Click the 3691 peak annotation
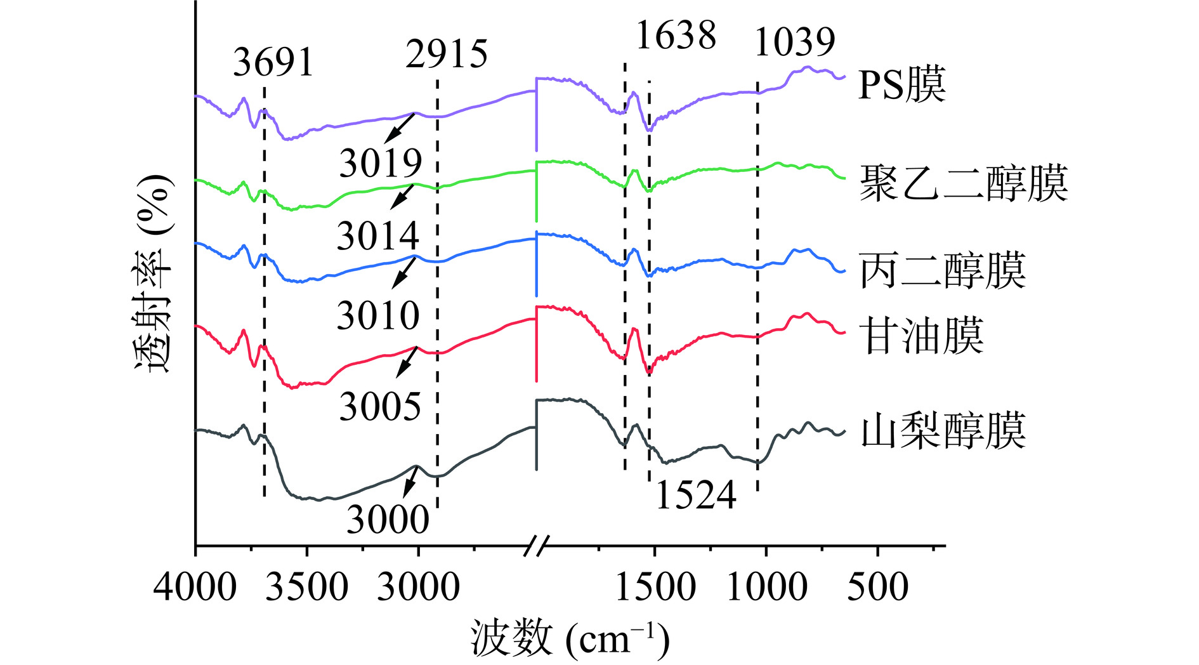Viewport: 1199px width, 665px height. (273, 62)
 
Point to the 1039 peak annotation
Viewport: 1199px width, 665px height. (794, 42)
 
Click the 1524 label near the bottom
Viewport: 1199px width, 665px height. (695, 495)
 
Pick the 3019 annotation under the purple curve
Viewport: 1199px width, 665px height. (381, 163)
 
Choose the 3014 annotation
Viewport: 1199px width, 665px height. (378, 236)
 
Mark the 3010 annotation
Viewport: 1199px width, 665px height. (378, 315)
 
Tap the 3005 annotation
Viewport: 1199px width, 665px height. (380, 406)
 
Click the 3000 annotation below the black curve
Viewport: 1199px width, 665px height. (388, 520)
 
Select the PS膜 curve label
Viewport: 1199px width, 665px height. (901, 84)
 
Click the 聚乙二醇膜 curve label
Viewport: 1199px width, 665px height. (963, 183)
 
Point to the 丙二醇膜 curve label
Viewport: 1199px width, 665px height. (942, 271)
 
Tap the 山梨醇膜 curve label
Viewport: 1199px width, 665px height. (943, 431)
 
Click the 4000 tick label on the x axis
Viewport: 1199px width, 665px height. (195, 587)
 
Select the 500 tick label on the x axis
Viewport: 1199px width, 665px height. (877, 587)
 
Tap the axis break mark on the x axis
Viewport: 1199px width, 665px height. (537, 545)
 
